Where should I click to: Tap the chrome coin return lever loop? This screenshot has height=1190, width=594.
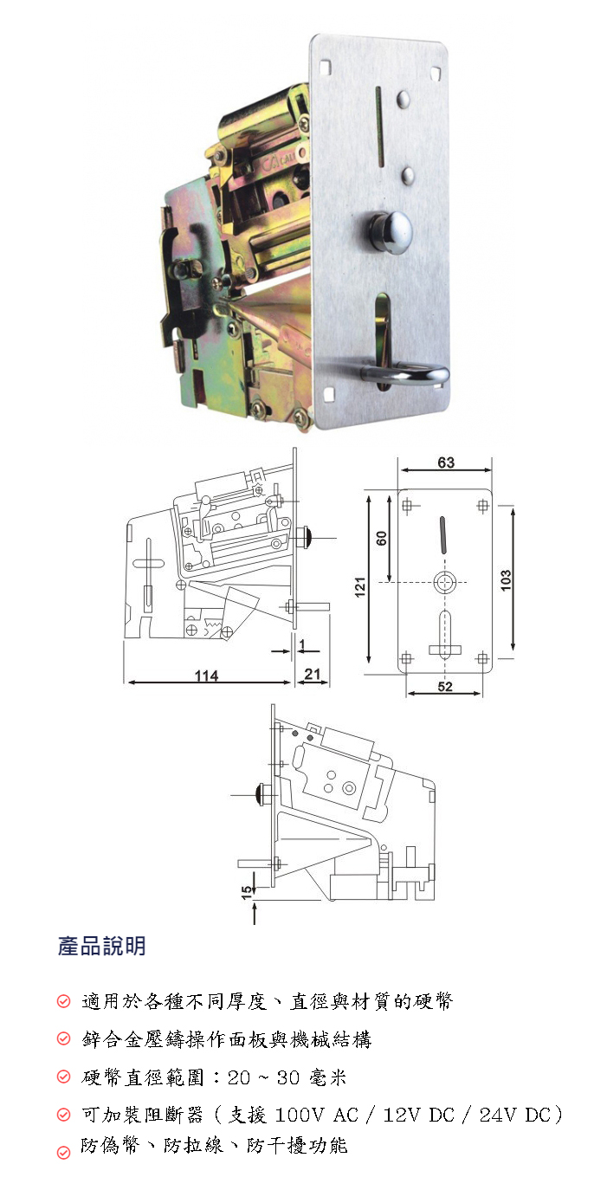409,374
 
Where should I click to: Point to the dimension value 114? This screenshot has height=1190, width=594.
207,676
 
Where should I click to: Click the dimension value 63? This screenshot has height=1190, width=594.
446,462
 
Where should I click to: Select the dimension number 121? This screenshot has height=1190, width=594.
360,586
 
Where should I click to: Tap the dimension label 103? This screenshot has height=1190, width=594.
506,580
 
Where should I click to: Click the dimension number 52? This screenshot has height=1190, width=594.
445,687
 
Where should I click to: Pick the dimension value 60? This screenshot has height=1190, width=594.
382,538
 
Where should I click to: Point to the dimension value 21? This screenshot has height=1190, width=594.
313,674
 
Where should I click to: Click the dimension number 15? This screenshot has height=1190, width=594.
247,892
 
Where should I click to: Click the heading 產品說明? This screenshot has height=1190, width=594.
101,946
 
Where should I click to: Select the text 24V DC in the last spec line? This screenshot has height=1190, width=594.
515,1115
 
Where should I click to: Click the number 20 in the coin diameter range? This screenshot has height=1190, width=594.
239,1077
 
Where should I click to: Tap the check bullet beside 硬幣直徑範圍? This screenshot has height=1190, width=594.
63,1077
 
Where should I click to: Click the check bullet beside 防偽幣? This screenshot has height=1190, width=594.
63,1152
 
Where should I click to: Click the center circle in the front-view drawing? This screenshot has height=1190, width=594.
445,582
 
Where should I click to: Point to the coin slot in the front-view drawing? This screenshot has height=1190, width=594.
443,535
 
